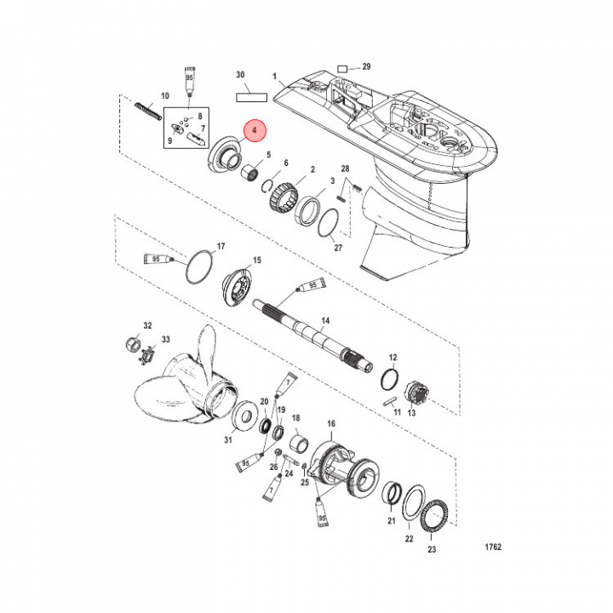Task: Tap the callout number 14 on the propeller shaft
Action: pyautogui.click(x=324, y=321)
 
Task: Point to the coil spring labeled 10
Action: pyautogui.click(x=150, y=112)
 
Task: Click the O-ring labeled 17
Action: pyautogui.click(x=199, y=267)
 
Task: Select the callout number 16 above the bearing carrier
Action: pyautogui.click(x=331, y=422)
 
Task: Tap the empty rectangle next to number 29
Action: pyautogui.click(x=343, y=66)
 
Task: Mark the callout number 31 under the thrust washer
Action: pyautogui.click(x=227, y=439)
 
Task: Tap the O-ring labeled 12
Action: pyautogui.click(x=390, y=377)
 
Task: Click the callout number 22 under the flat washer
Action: pyautogui.click(x=409, y=538)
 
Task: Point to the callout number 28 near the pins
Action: pyautogui.click(x=346, y=169)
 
